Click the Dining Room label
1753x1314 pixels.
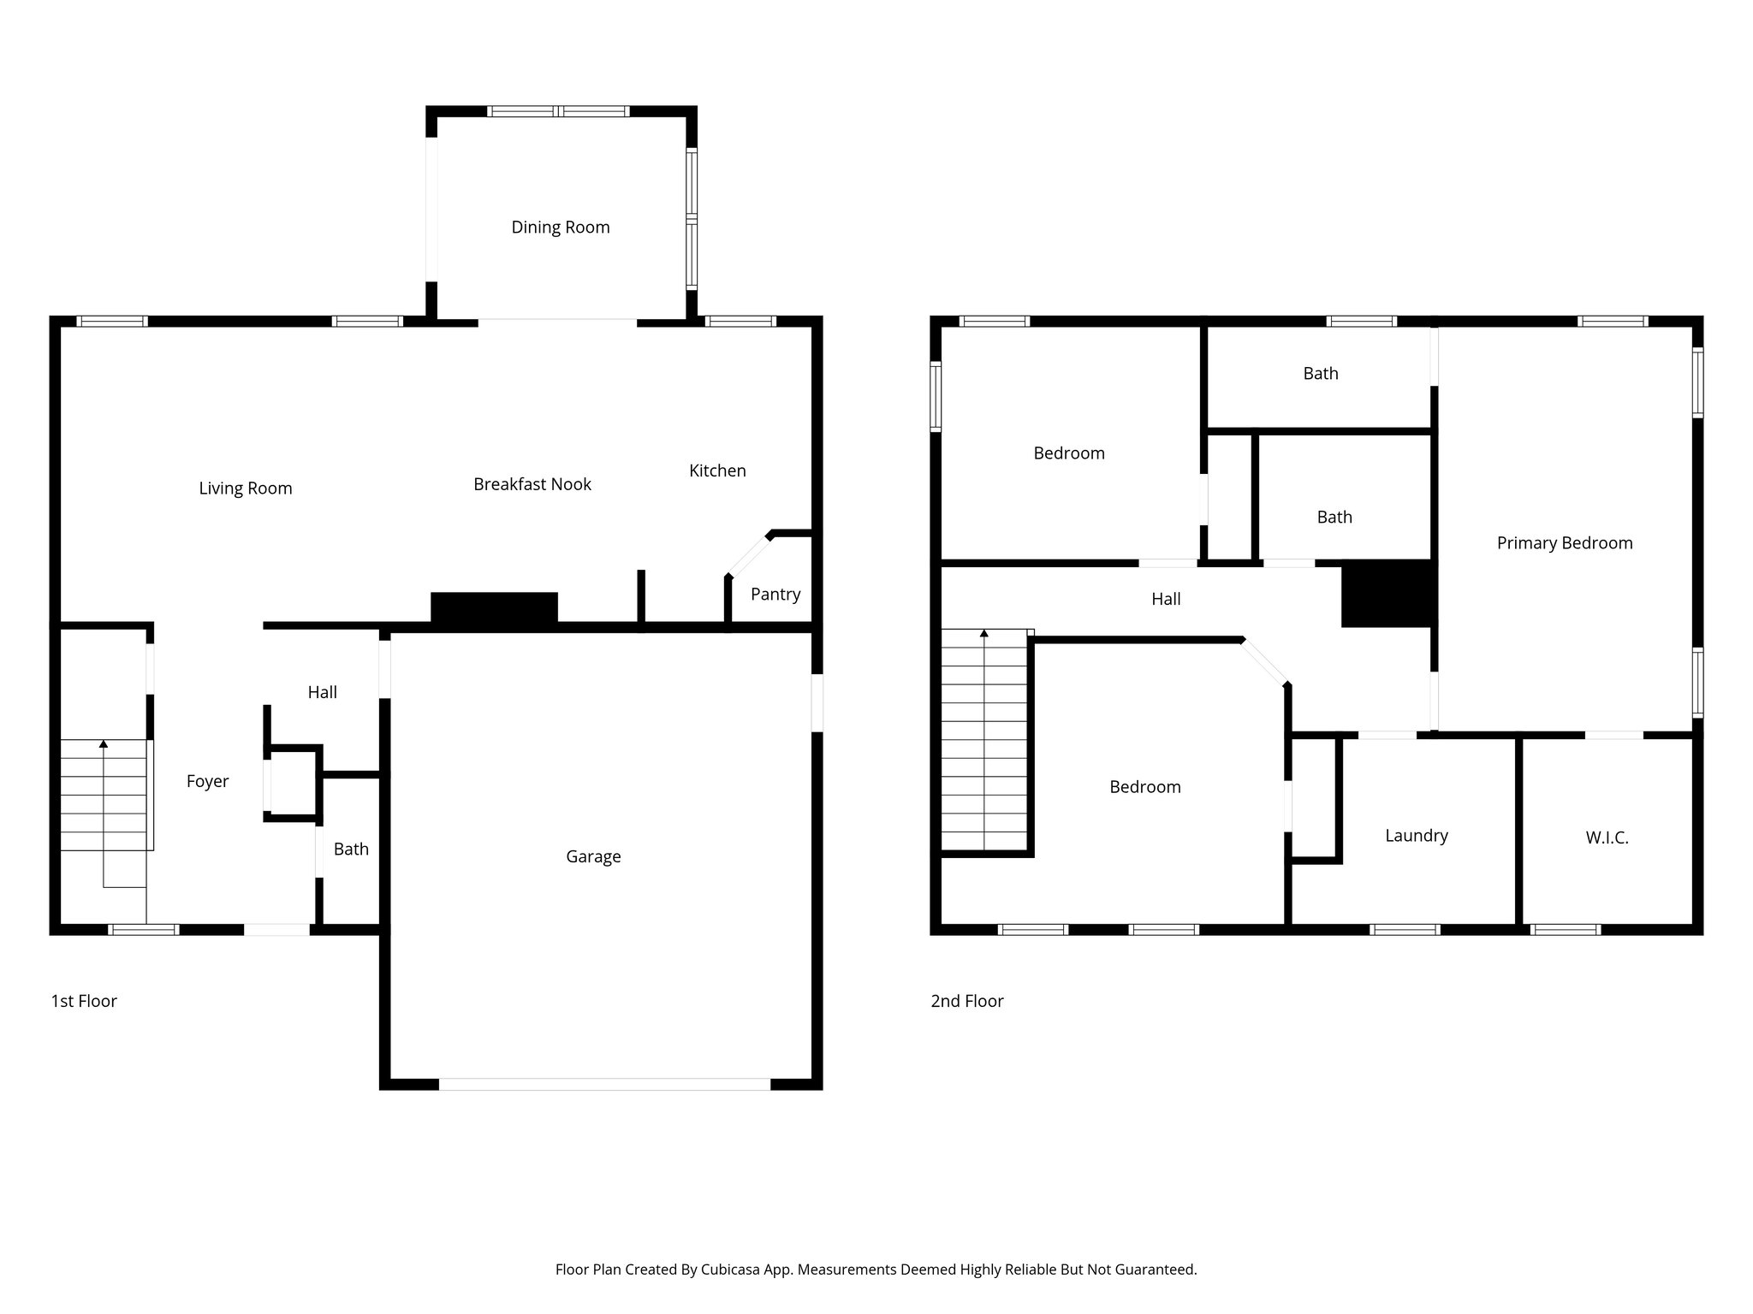click(x=561, y=228)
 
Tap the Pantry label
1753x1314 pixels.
click(x=775, y=595)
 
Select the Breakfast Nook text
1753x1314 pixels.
click(x=532, y=484)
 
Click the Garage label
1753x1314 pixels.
click(x=593, y=856)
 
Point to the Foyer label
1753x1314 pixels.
click(x=207, y=781)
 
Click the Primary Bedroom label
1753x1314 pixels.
click(x=1564, y=543)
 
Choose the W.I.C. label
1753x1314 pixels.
click(x=1607, y=838)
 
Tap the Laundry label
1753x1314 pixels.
click(x=1417, y=836)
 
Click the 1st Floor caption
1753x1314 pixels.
click(x=84, y=1001)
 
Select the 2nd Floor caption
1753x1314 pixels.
click(x=966, y=1001)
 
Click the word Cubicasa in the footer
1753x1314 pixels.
click(x=732, y=1270)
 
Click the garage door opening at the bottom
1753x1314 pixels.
click(x=604, y=1084)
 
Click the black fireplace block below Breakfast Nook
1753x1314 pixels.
click(x=494, y=608)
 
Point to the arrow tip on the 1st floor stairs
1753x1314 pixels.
click(x=104, y=743)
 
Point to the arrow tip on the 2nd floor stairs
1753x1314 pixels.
click(x=984, y=633)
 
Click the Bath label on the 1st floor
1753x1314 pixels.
click(x=351, y=849)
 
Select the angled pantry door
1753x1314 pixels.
click(x=748, y=555)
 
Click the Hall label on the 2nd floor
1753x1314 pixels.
click(x=1166, y=600)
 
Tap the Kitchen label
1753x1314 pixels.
click(x=717, y=471)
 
